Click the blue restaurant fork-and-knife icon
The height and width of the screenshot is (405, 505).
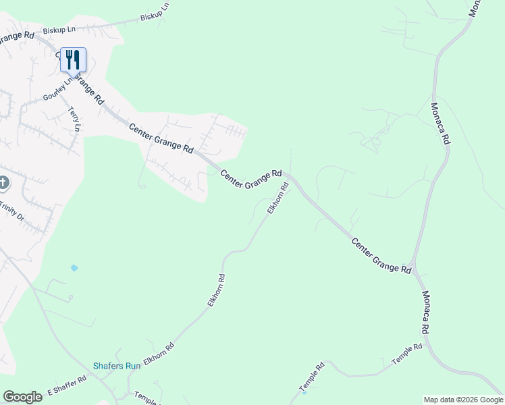(73, 59)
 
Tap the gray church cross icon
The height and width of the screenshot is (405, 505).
(3, 183)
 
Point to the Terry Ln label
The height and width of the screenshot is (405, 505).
(74, 119)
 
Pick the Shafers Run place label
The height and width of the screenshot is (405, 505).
(117, 366)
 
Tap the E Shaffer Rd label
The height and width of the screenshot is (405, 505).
(67, 386)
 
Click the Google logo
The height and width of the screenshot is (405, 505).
(22, 397)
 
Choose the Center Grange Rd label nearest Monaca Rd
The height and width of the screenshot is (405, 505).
(381, 254)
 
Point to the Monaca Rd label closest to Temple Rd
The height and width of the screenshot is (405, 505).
(425, 313)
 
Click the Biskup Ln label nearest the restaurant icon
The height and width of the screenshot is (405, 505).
(59, 30)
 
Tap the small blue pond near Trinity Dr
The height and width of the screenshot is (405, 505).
(74, 268)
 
